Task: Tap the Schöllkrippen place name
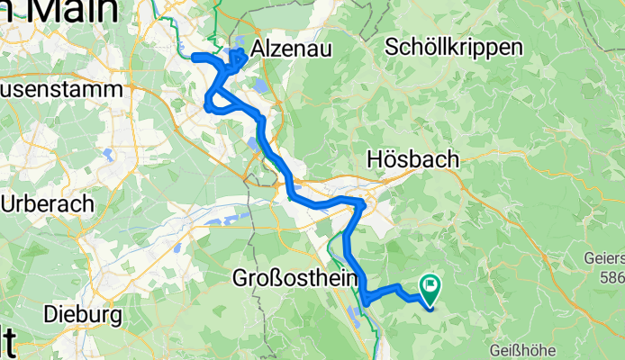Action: (x=453, y=49)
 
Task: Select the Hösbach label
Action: (x=413, y=159)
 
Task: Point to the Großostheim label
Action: (x=289, y=276)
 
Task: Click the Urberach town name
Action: (x=47, y=203)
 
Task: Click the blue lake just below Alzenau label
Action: (x=259, y=85)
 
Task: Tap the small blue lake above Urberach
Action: (x=108, y=154)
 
